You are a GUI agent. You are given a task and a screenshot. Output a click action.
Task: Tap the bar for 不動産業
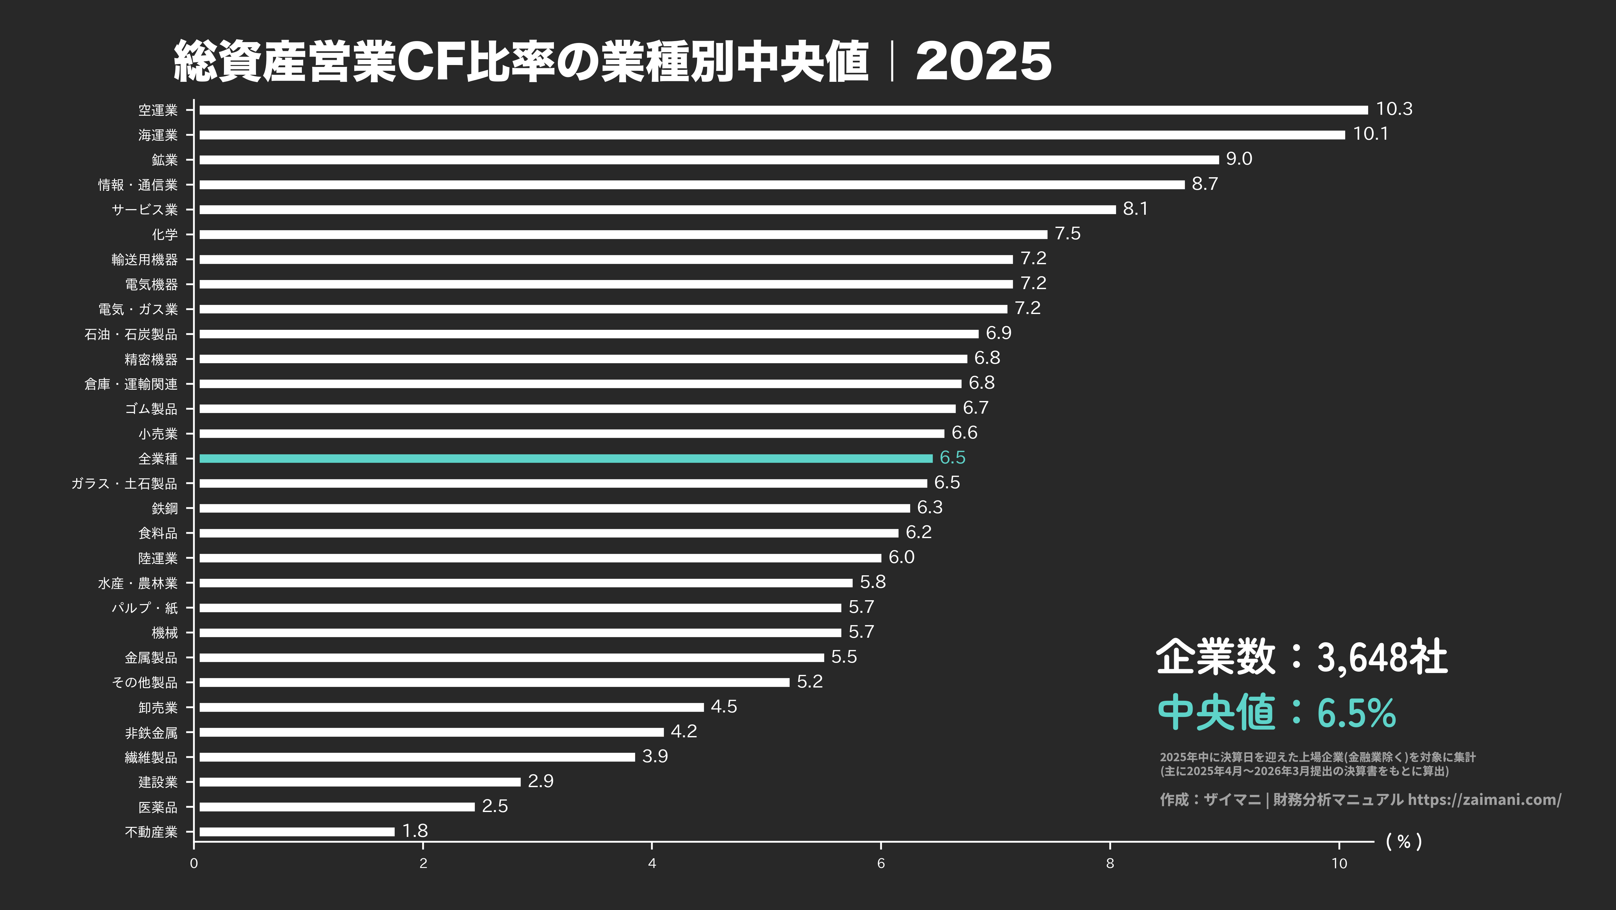click(x=297, y=831)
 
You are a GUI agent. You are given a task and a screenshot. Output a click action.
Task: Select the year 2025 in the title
click(x=983, y=61)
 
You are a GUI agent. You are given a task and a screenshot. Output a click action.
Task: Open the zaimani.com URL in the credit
click(x=1484, y=799)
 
